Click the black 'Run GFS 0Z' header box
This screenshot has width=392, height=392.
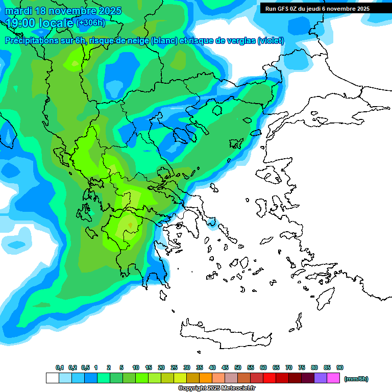325,8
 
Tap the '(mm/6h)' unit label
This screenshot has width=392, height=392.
356,379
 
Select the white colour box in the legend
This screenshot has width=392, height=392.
52,378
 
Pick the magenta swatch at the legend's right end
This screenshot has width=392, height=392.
333,378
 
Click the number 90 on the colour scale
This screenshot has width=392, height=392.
340,367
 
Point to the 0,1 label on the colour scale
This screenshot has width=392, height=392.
60,367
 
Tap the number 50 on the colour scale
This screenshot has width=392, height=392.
238,367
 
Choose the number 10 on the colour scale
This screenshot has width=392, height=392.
136,367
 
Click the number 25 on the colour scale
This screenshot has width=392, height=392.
174,367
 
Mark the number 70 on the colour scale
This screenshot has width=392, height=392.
289,367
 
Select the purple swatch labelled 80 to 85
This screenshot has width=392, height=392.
321,378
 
